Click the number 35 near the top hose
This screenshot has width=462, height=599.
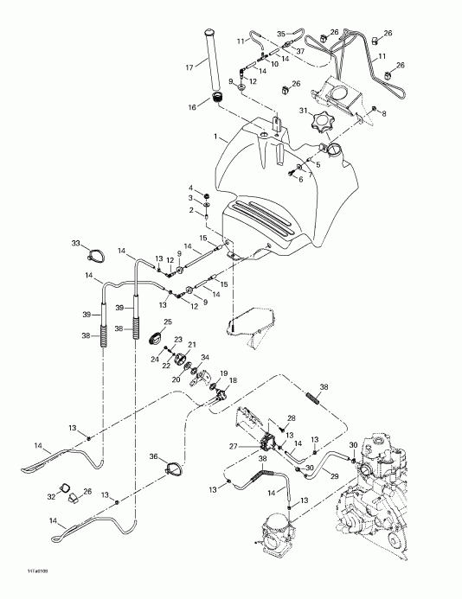[x=281, y=34]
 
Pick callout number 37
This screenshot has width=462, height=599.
[x=300, y=50]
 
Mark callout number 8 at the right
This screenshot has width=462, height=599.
[x=385, y=112]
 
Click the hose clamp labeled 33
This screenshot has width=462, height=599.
[x=96, y=255]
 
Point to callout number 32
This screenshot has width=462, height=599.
[x=51, y=498]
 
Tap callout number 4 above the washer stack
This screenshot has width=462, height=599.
[x=192, y=187]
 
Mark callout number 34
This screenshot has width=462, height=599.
[x=204, y=357]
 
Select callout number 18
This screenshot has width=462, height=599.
[x=234, y=380]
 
